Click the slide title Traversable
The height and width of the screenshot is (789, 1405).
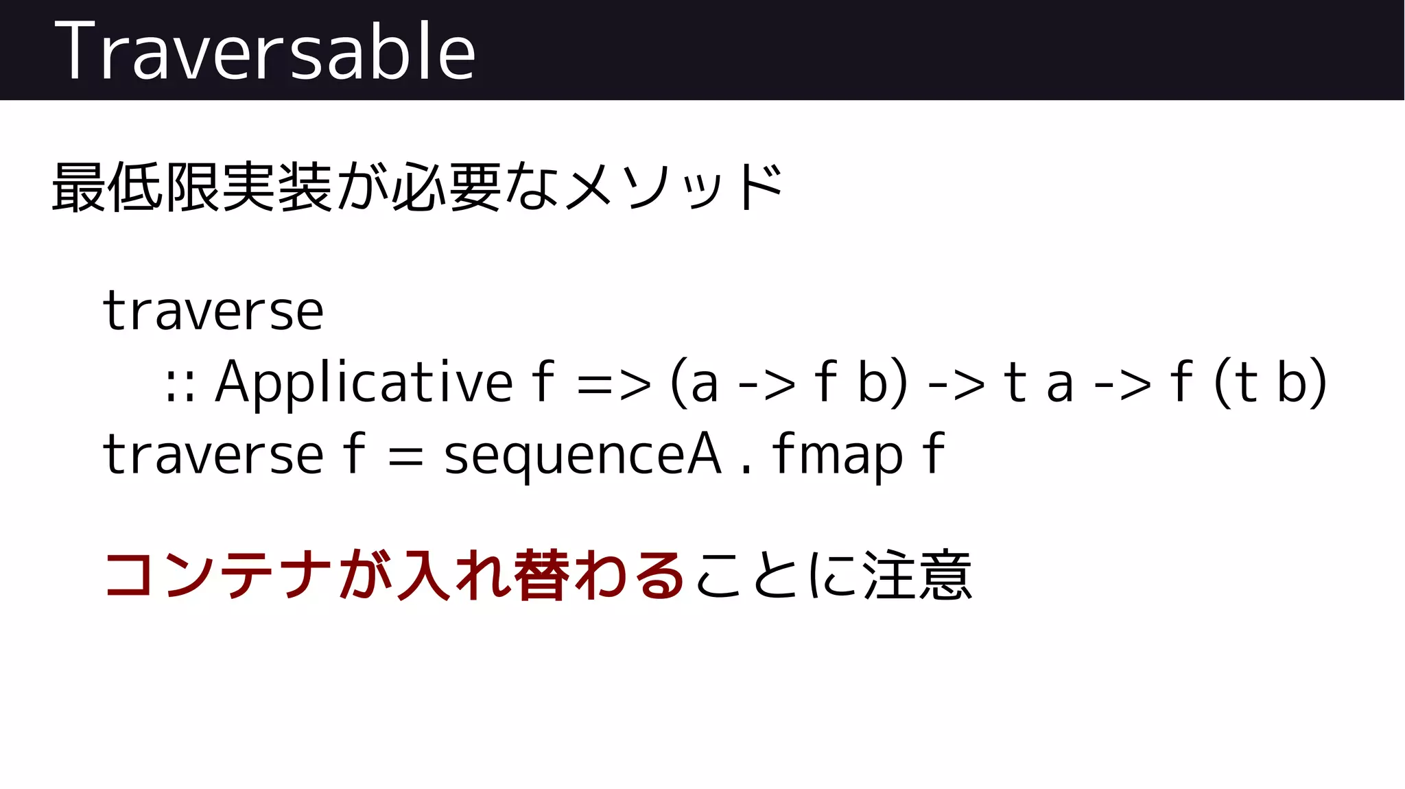pos(265,51)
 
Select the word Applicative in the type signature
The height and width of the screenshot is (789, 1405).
pos(364,381)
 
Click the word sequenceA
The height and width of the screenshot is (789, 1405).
pos(582,456)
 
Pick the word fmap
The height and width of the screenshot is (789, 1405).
pos(837,454)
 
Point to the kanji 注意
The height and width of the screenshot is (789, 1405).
pos(917,575)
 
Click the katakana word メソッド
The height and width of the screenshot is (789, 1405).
pos(675,187)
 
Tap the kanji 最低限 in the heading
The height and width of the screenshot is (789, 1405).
pos(136,187)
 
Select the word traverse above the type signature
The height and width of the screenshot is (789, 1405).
pos(213,311)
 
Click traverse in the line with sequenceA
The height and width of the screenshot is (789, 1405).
pos(213,454)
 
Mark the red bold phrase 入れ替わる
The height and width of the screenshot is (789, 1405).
pos(542,575)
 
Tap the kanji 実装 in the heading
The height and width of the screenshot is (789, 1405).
pos(277,187)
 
